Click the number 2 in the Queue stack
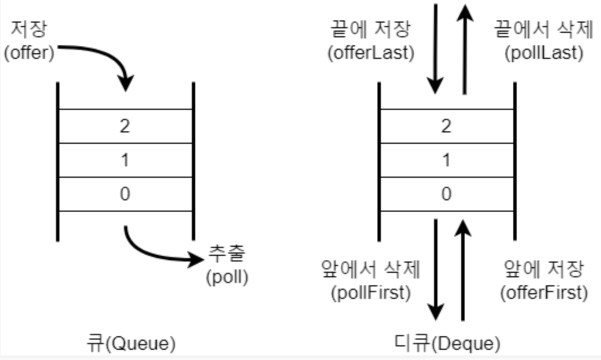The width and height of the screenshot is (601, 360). pos(125,126)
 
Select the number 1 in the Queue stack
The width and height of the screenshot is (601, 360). pos(125,160)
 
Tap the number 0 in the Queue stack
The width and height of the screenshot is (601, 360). pos(125,194)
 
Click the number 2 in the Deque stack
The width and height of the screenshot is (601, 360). pos(447,126)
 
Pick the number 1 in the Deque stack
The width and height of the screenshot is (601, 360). pos(447,160)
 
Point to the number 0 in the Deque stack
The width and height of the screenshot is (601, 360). pos(447,194)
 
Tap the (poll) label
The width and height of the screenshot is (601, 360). pos(227,278)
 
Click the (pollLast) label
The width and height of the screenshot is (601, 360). pos(535,53)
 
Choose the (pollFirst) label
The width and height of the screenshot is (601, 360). pos(371,293)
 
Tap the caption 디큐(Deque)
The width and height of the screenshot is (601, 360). pos(447,342)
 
